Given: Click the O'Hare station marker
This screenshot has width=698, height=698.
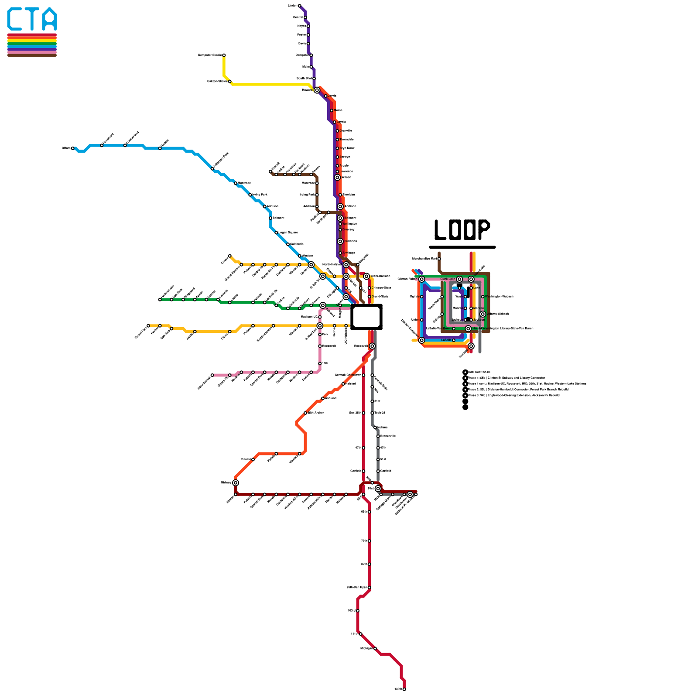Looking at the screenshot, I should tap(73, 148).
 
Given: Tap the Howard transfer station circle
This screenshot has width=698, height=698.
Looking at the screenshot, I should tap(317, 90).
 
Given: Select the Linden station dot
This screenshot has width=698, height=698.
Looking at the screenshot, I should tap(299, 6).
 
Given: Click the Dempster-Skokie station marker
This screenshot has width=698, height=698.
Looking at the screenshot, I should tap(224, 55).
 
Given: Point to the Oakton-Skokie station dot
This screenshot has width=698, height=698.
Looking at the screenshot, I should tap(230, 82).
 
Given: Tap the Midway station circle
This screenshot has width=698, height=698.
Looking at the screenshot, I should tap(236, 482).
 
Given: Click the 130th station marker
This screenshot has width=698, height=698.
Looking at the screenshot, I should tap(404, 689).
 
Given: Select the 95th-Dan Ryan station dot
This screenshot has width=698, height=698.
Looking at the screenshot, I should tap(370, 588).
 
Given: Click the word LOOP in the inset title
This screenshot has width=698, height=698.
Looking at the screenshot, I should tap(462, 229).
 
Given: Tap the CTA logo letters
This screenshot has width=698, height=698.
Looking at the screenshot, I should tap(32, 19).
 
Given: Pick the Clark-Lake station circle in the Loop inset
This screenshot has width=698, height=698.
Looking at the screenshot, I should tap(459, 279).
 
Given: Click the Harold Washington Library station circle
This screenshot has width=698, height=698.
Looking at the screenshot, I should tap(468, 328).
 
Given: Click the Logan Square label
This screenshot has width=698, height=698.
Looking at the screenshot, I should tap(288, 233).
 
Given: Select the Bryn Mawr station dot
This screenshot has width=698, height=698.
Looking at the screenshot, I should tap(337, 148).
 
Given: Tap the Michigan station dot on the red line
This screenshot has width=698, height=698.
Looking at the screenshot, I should tap(375, 649).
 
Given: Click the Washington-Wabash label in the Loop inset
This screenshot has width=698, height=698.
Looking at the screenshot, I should tap(499, 297).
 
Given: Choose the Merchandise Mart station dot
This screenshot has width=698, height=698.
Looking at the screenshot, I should tap(439, 259).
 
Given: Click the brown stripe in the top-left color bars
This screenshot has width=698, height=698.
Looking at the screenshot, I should tap(32, 55).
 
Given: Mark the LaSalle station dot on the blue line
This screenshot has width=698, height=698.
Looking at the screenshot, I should tap(454, 340).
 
